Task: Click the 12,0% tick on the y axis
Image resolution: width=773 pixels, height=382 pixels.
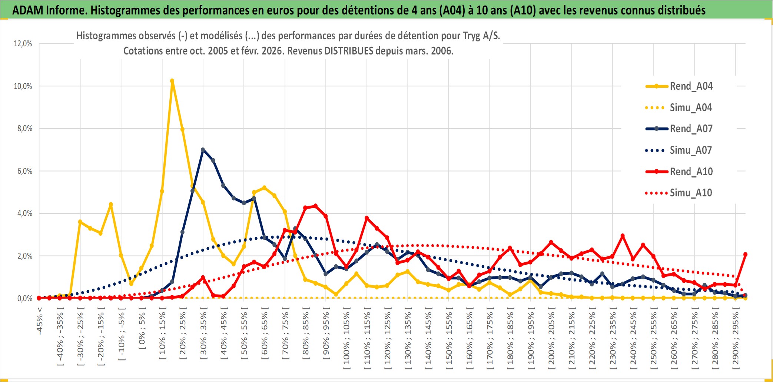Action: [23, 44]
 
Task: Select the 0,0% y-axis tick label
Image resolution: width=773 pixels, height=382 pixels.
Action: [24, 299]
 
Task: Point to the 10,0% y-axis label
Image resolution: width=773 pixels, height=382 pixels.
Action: [23, 86]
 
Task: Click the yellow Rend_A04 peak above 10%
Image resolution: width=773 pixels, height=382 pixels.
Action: [172, 81]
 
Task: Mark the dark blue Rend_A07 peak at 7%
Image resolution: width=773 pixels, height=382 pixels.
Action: [203, 150]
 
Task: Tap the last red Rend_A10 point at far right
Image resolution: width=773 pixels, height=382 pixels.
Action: [745, 255]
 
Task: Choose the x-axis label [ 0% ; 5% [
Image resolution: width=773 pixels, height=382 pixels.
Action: [142, 330]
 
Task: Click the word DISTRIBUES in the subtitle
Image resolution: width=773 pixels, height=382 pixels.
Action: [348, 51]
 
